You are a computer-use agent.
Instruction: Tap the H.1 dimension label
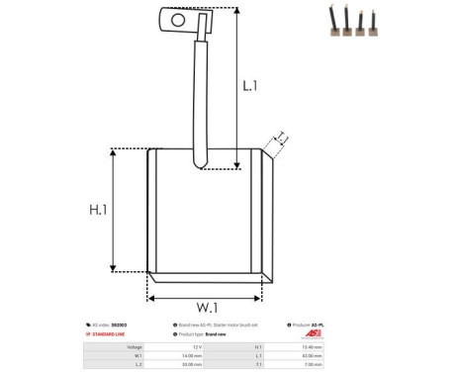98,210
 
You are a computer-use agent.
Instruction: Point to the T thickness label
281,137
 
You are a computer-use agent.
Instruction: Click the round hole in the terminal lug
178,19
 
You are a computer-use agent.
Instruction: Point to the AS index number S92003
128,325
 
